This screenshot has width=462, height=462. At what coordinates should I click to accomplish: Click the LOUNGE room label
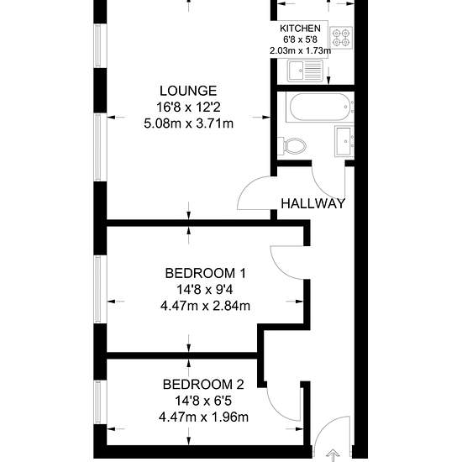point(188,91)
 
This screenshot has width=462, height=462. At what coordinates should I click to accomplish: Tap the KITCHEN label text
point(300,29)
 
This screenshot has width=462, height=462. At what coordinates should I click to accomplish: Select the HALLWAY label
point(312,203)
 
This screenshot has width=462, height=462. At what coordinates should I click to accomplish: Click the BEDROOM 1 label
point(205,274)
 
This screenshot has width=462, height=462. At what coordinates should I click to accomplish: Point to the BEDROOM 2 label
point(203,385)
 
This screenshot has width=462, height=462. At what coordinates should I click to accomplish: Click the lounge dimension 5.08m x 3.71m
point(188,123)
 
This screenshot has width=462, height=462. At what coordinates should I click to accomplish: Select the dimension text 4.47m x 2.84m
point(205,306)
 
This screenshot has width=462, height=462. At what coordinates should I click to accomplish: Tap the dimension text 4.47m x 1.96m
point(203,417)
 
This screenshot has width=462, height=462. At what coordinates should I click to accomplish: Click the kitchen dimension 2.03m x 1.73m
point(300,50)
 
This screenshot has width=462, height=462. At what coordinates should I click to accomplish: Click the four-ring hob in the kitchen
point(341,38)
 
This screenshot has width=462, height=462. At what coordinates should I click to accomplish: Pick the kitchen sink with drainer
point(305,71)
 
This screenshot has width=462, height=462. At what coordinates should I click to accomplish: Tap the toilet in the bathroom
point(291,146)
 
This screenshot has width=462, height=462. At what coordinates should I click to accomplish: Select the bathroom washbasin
point(344,141)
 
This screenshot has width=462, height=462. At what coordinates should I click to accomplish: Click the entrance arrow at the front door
point(333,455)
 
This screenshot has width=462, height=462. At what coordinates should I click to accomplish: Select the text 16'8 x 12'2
point(188,108)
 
